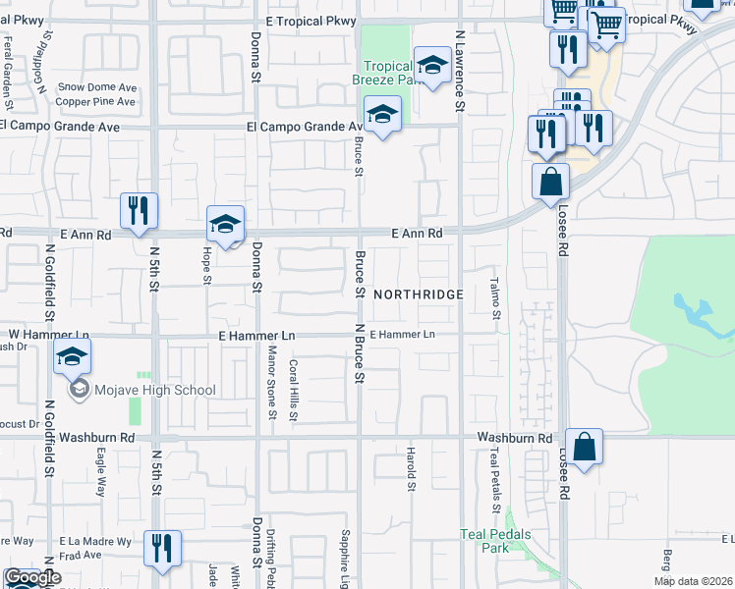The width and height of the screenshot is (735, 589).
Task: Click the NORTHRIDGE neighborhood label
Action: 417,294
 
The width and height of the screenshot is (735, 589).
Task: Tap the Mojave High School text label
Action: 154,390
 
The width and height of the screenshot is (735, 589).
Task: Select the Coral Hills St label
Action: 293,390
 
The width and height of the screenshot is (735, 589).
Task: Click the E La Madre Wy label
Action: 93,541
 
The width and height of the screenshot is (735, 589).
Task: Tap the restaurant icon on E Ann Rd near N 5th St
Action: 138,210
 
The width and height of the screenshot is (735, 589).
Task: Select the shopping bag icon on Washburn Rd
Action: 584,447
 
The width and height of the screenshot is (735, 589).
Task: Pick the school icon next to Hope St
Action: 225,225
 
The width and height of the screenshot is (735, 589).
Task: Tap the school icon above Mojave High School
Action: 73,359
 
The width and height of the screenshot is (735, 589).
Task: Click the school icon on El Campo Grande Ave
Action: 382,115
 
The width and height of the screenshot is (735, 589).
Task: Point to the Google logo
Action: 32,578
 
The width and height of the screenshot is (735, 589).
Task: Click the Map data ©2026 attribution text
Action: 694,581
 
